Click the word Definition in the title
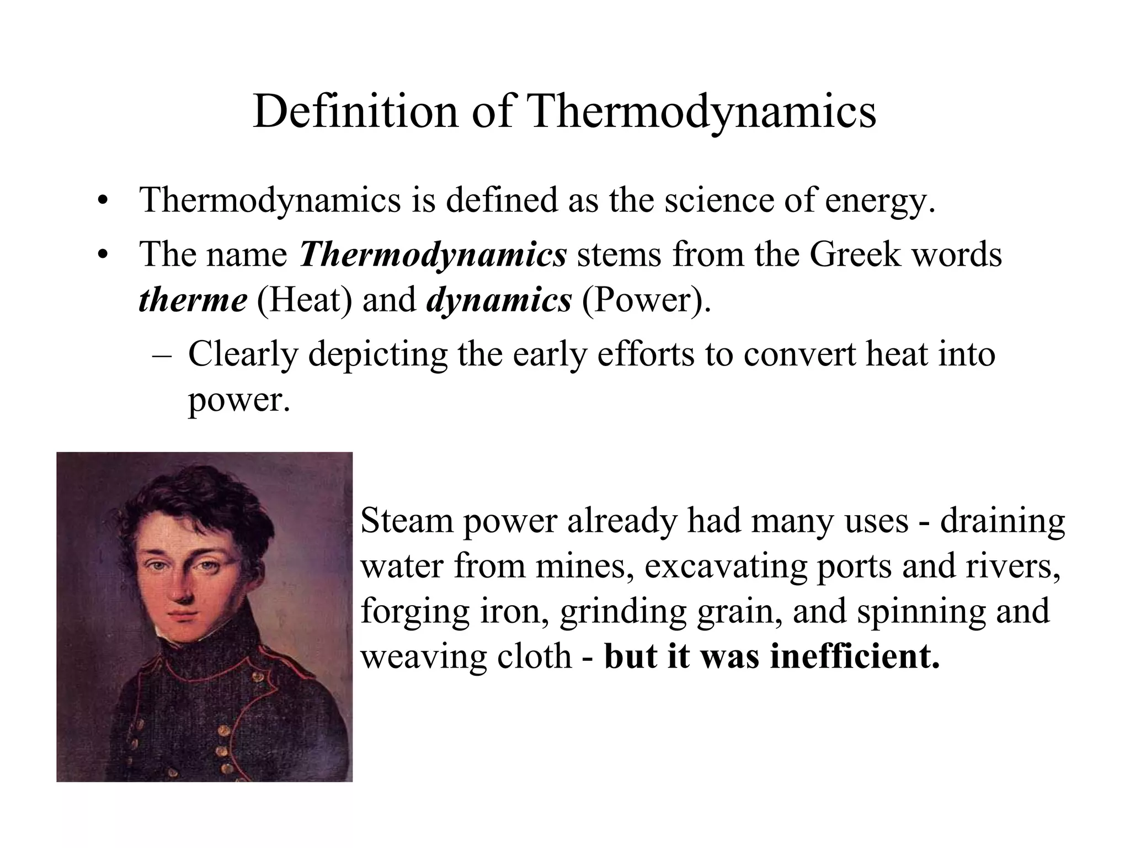(355, 112)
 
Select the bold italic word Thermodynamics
(433, 255)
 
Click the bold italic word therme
(193, 300)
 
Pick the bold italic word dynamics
(499, 301)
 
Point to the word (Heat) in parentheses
(305, 301)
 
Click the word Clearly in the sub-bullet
(243, 354)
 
